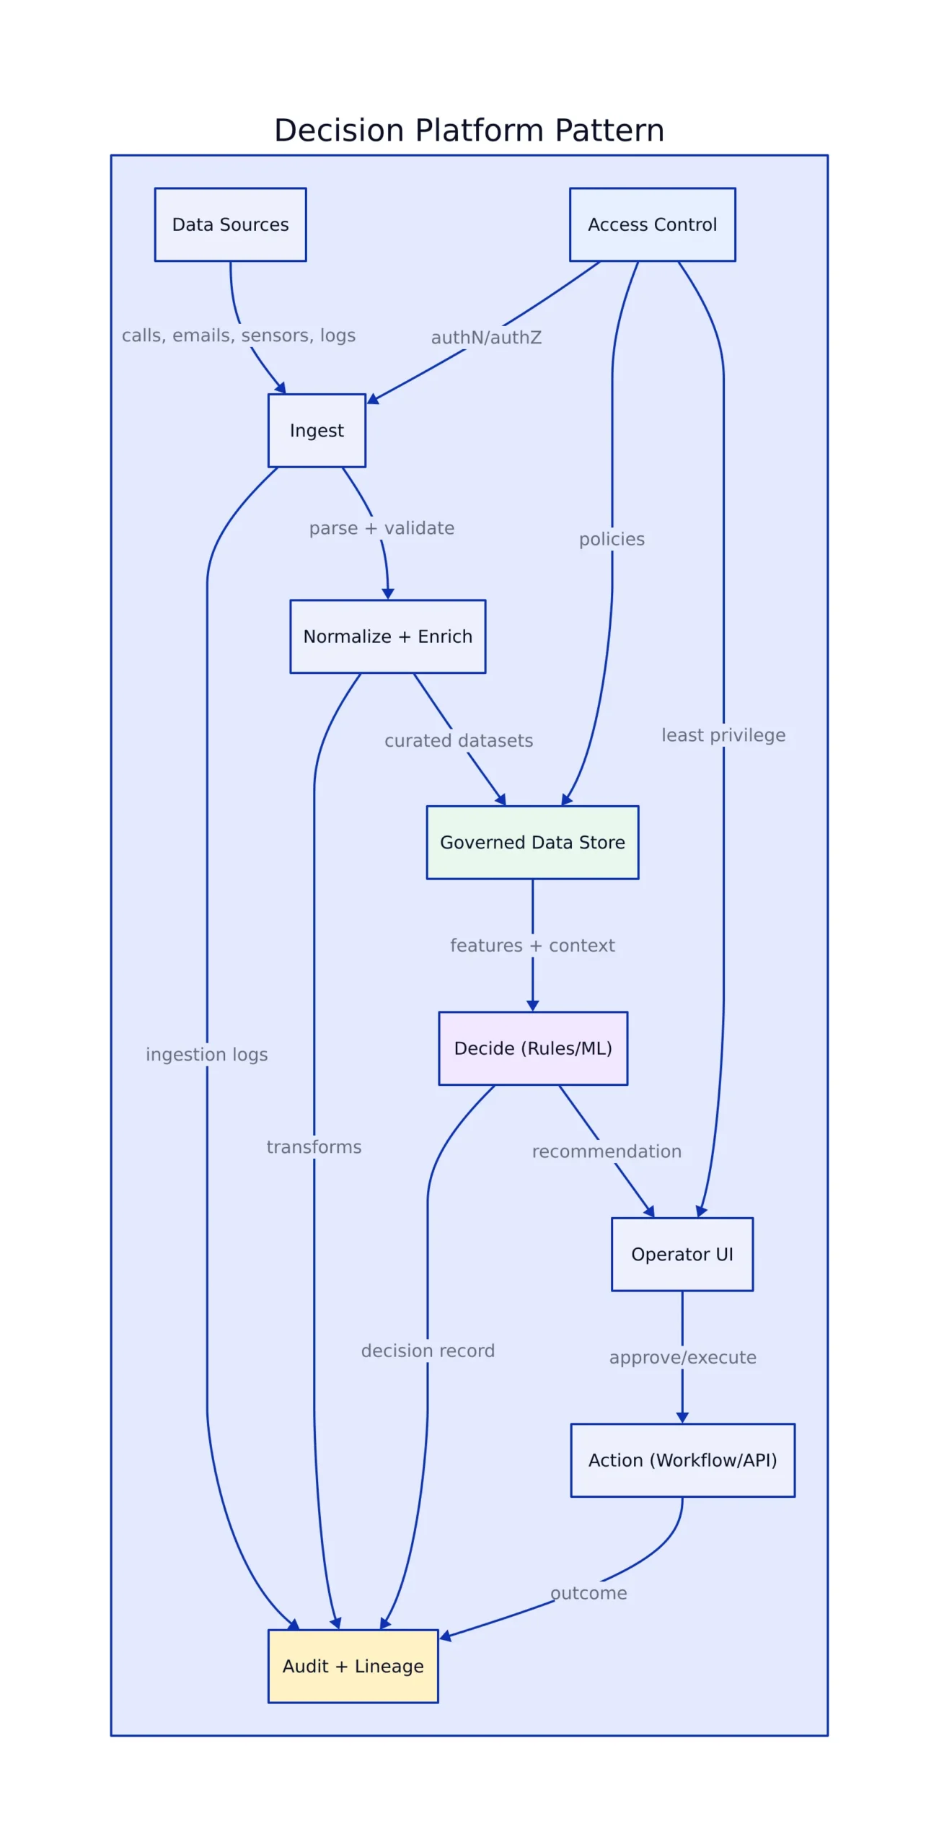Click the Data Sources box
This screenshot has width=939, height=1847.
[230, 224]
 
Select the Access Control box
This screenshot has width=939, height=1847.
[652, 224]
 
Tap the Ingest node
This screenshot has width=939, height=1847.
[317, 430]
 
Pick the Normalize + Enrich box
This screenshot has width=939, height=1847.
[387, 636]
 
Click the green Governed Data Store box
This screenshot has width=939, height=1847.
[532, 842]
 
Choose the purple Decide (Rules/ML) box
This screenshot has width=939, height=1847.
[533, 1048]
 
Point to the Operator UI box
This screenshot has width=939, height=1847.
[682, 1254]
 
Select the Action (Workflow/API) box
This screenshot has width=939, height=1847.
[682, 1460]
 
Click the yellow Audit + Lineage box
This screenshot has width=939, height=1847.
[353, 1666]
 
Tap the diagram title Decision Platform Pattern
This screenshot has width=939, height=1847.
[469, 131]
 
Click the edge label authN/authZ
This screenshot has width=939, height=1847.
[486, 338]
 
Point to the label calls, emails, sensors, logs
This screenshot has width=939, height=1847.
[238, 335]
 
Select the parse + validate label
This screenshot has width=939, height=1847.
[382, 528]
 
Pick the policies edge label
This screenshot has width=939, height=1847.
[612, 539]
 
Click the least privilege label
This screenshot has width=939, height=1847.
[723, 735]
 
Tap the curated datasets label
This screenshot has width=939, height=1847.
[459, 740]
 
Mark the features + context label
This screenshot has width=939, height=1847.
[532, 945]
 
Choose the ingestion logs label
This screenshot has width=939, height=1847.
[206, 1054]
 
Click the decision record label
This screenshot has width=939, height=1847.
[428, 1351]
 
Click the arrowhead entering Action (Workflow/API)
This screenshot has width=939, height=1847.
[682, 1417]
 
